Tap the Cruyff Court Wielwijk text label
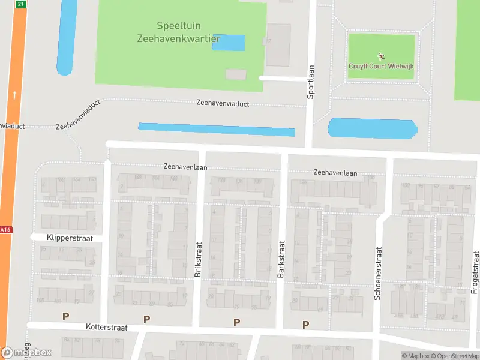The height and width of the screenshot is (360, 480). click(x=382, y=67)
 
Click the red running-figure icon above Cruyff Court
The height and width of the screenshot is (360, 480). click(x=382, y=56)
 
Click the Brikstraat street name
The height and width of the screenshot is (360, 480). click(x=198, y=259)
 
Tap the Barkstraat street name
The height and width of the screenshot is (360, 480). click(x=281, y=259)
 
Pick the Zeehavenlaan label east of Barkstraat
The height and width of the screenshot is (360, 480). click(x=335, y=173)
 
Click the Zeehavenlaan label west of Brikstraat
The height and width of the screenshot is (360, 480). click(x=185, y=167)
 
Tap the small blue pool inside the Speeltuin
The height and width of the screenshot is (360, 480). click(x=228, y=43)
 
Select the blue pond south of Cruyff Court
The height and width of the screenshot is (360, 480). click(x=372, y=128)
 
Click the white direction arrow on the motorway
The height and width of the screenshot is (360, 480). click(x=14, y=95)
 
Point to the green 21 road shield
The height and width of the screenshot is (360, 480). click(x=21, y=4)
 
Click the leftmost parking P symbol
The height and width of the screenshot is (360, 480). click(x=65, y=316)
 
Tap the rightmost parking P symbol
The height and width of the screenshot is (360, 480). click(x=305, y=325)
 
